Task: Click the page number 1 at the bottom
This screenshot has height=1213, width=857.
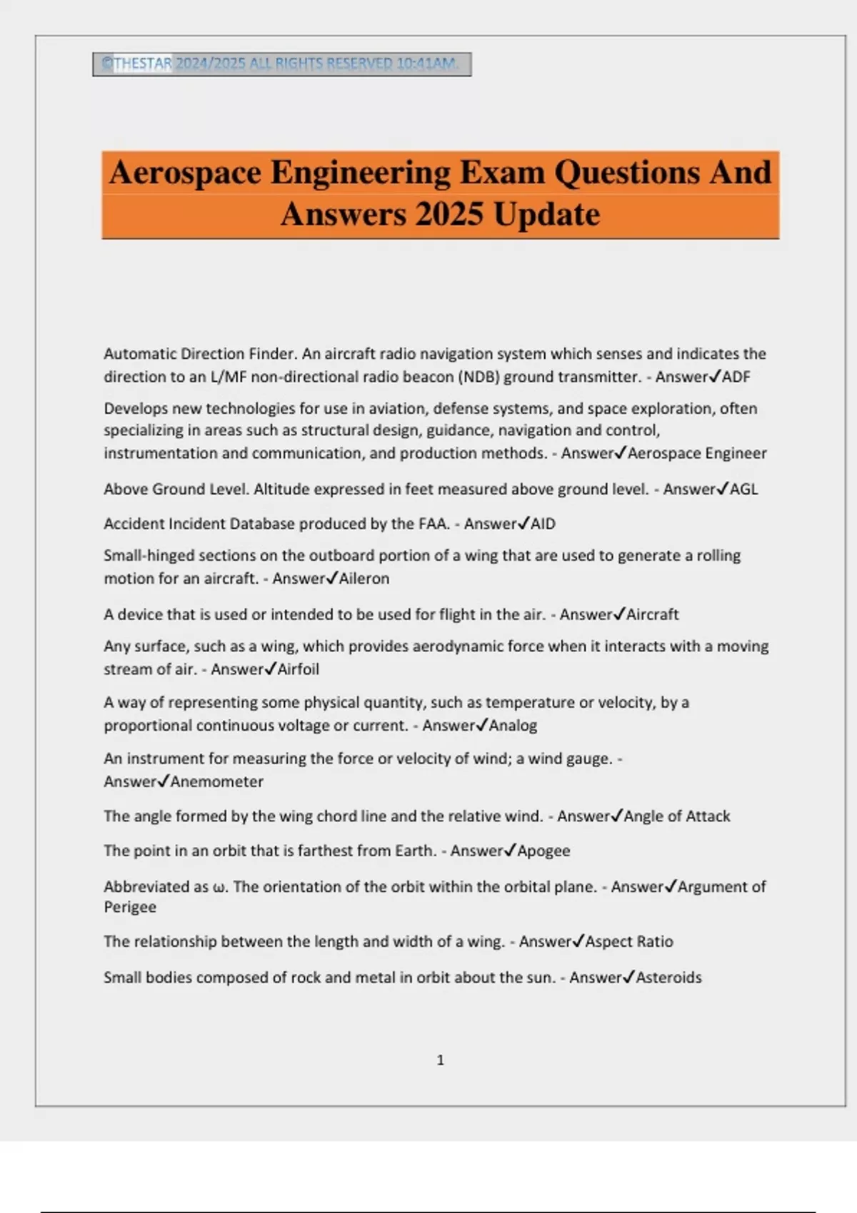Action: click(440, 1060)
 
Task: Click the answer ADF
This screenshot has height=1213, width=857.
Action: click(736, 377)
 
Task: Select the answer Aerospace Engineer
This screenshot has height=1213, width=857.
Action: click(697, 453)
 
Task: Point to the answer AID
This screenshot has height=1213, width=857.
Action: click(543, 524)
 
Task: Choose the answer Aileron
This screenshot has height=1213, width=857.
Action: click(364, 579)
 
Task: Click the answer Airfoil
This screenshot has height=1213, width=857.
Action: click(299, 669)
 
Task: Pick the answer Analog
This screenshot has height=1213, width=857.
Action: click(513, 726)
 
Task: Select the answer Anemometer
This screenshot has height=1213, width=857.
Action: click(217, 782)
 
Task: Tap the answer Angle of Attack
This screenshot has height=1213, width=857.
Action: click(677, 816)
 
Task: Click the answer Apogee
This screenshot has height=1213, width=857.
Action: click(543, 851)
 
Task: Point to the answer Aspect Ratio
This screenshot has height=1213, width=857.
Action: click(629, 942)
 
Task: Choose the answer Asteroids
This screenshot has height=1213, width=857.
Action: click(668, 978)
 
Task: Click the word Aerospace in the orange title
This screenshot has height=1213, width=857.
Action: click(185, 173)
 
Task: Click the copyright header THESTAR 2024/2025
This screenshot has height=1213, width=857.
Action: click(281, 64)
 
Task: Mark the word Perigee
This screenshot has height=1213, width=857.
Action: click(130, 907)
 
